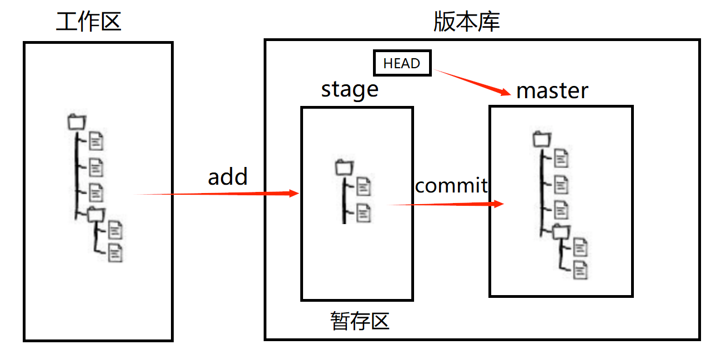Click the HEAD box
[x=402, y=63]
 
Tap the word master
[x=552, y=90]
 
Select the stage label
[x=350, y=89]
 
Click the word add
[x=228, y=177]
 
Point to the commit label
[x=451, y=185]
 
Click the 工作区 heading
[x=89, y=22]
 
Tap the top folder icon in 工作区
[x=77, y=121]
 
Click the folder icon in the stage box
[x=345, y=168]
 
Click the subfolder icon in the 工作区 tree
[x=95, y=214]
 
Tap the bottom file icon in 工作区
[x=115, y=252]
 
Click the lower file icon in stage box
[x=364, y=212]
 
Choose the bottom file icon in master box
[x=581, y=270]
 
